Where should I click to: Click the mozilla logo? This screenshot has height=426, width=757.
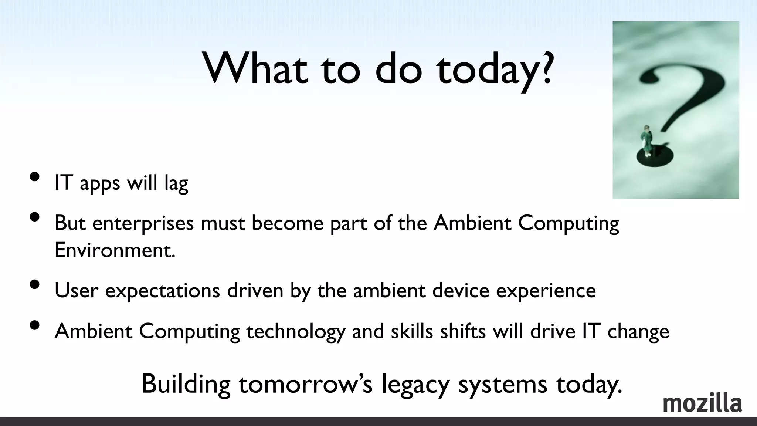point(702,404)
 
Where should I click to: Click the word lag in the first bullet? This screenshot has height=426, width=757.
point(176,183)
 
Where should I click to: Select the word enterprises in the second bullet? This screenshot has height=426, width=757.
point(143,223)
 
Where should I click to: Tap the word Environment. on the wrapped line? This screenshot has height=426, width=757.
point(115,250)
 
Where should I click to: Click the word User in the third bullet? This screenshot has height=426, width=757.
point(77,290)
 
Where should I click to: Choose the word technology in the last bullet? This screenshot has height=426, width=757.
point(296,331)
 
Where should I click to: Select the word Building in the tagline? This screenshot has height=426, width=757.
point(186,385)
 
